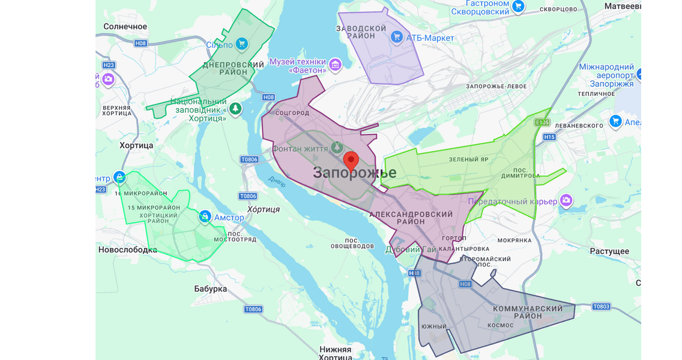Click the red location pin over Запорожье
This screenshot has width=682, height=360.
pos(351,161)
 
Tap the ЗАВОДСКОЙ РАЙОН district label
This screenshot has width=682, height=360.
pos(361,32)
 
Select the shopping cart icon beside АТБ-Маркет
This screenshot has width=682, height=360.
pos(396,37)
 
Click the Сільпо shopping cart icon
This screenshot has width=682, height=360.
pos(241,44)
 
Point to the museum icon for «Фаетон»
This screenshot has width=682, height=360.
pos(335,65)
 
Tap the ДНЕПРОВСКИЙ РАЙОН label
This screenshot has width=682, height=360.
pos(234,68)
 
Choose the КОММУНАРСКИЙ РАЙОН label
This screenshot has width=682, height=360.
pos(528,312)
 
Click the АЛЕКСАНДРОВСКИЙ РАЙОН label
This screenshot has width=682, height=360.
pos(411,218)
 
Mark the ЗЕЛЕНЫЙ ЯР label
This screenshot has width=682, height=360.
pos(468,160)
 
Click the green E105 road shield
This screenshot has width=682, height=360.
pos(542,122)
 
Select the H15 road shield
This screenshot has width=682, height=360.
pos(549,137)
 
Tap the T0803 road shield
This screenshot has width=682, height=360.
pos(601,307)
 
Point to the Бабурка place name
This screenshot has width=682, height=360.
pos(211,289)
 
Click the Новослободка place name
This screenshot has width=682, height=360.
pos(127,250)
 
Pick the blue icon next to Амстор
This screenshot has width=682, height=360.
pos(205,216)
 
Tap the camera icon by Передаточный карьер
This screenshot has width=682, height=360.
pos(566,200)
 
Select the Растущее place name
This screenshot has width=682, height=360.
pos(609,251)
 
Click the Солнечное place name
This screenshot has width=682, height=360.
pos(125,26)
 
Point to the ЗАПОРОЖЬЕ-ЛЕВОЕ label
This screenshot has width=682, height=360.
pos(496,86)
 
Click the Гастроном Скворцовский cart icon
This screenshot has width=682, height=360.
pos(518,7)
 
